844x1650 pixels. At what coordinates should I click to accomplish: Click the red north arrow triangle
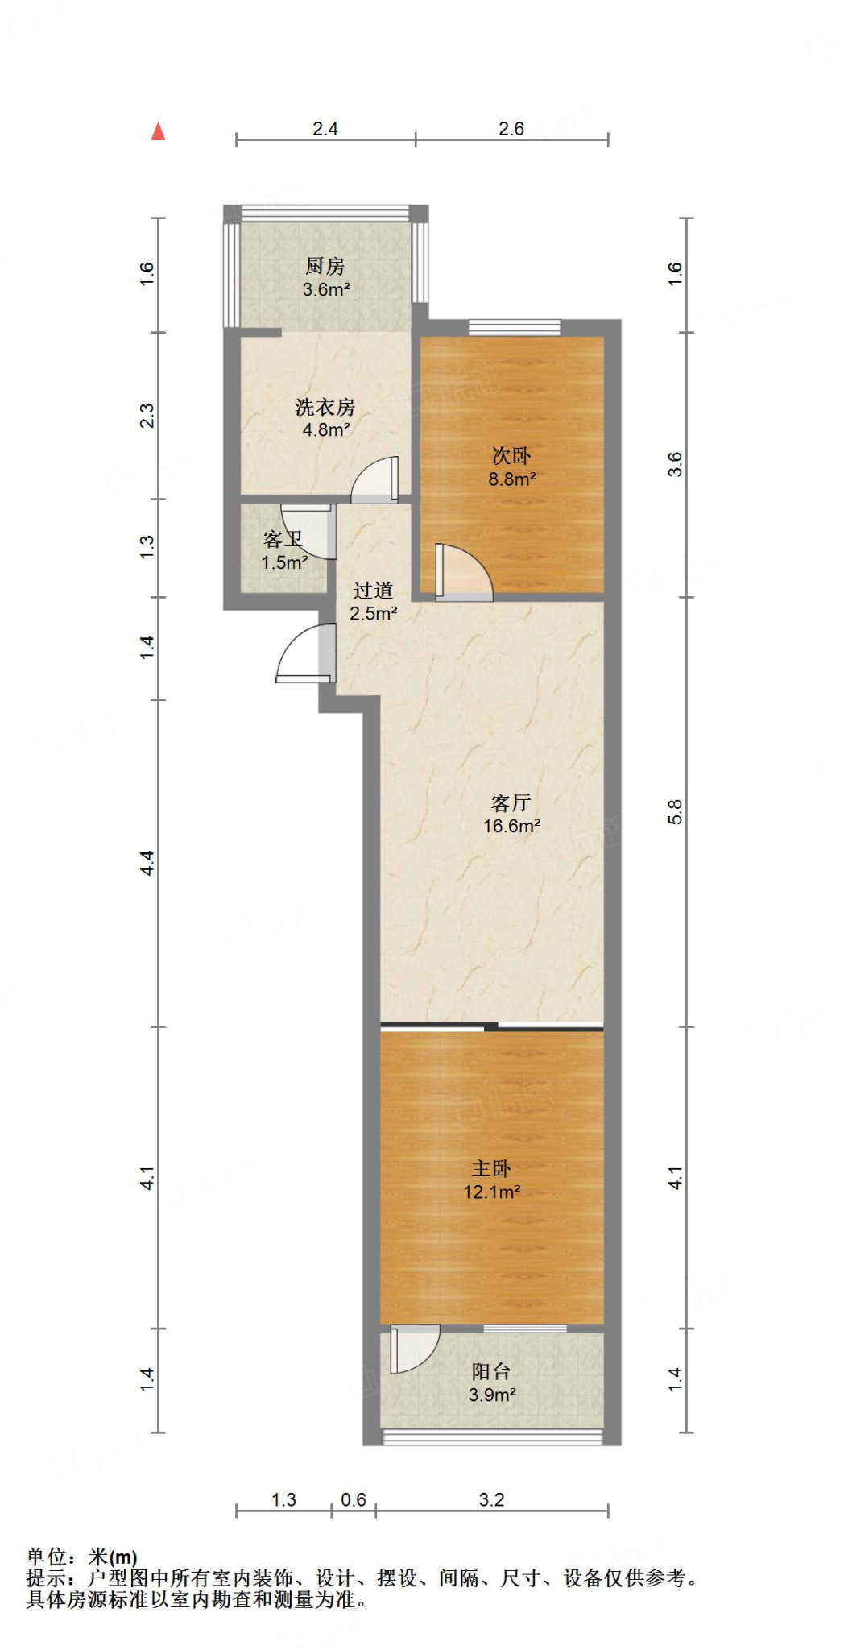point(158,131)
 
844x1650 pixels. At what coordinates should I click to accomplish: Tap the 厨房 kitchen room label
point(325,266)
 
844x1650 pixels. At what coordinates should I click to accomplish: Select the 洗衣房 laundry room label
point(325,407)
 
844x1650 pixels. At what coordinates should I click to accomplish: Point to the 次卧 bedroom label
point(511,456)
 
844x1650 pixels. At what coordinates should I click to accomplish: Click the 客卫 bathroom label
point(283,539)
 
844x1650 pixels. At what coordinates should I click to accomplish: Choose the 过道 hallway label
point(373,591)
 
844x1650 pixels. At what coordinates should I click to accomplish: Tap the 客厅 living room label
point(511,802)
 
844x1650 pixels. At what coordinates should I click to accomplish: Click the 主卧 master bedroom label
point(491,1168)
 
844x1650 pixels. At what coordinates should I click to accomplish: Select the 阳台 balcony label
point(491,1371)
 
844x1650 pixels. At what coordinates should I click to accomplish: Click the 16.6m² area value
point(511,826)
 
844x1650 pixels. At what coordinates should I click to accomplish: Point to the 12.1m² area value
point(491,1192)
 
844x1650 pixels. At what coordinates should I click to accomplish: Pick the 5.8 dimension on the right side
point(675,811)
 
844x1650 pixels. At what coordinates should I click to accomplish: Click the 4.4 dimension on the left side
point(147,863)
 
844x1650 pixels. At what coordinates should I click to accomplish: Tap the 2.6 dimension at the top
point(511,129)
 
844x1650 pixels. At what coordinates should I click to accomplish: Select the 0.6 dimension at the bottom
point(354,1499)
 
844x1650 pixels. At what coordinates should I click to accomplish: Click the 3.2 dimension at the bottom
point(491,1499)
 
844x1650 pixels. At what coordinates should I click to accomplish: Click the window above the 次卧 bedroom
point(515,326)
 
